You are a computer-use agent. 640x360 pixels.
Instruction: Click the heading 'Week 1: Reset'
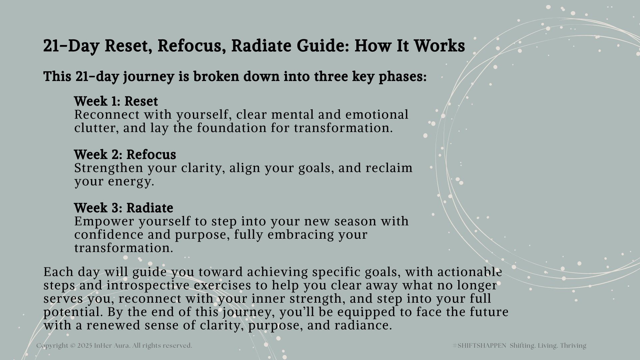[x=116, y=101]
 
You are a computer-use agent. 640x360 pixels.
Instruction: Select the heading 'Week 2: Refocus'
[x=125, y=155]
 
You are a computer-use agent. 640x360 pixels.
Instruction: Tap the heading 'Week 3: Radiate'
[x=124, y=208]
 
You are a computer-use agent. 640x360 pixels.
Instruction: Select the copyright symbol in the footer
[x=73, y=346]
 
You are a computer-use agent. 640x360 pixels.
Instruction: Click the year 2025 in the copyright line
[x=85, y=346]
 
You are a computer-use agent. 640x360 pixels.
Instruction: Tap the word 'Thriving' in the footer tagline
[x=573, y=346]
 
